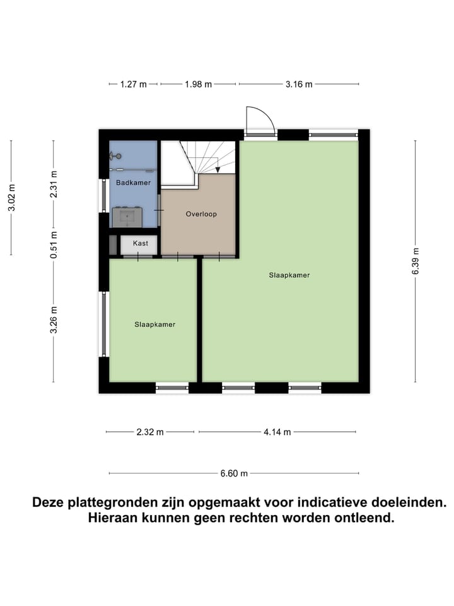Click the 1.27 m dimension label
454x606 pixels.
point(134,84)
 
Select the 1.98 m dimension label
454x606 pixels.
point(198,84)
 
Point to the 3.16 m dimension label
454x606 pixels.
point(300,84)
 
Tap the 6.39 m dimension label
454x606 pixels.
point(416,260)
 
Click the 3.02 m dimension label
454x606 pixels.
point(11,197)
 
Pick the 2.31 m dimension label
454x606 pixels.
point(54,184)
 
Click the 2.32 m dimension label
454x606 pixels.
point(150,432)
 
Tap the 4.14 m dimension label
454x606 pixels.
point(278,432)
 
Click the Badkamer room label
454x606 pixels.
point(133,183)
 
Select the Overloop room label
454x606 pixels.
point(201,214)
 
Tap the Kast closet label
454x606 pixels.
point(141,243)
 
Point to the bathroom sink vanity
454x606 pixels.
point(127,217)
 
